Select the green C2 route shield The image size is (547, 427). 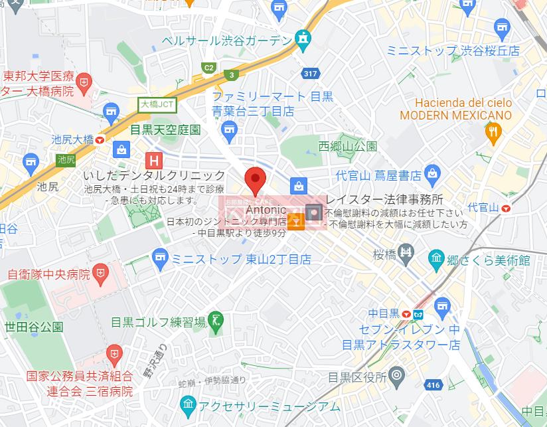[x=209, y=67]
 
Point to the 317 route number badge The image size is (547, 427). [x=309, y=74]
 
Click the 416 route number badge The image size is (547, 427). [x=433, y=384]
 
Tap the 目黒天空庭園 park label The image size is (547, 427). [x=165, y=130]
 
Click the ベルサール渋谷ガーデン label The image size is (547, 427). [x=228, y=41]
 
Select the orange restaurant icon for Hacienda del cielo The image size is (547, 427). [x=493, y=133]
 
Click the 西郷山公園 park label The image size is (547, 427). [x=347, y=146]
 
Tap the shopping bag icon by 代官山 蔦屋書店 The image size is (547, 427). [x=433, y=175]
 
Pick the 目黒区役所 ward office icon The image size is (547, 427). [x=396, y=376]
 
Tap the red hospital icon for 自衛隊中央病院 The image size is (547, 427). [x=100, y=272]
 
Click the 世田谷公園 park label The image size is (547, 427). [x=34, y=327]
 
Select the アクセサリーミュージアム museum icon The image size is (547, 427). [x=189, y=404]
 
